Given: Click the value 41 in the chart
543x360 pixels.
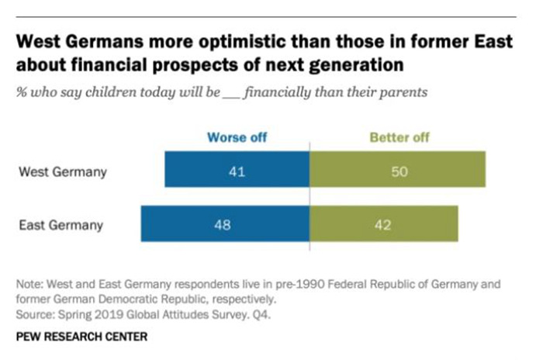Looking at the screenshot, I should tap(237, 171).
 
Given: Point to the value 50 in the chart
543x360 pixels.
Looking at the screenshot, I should tap(397, 171).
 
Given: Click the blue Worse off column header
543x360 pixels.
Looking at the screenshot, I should tap(237, 138).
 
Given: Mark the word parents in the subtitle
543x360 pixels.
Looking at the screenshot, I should tap(403, 92).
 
